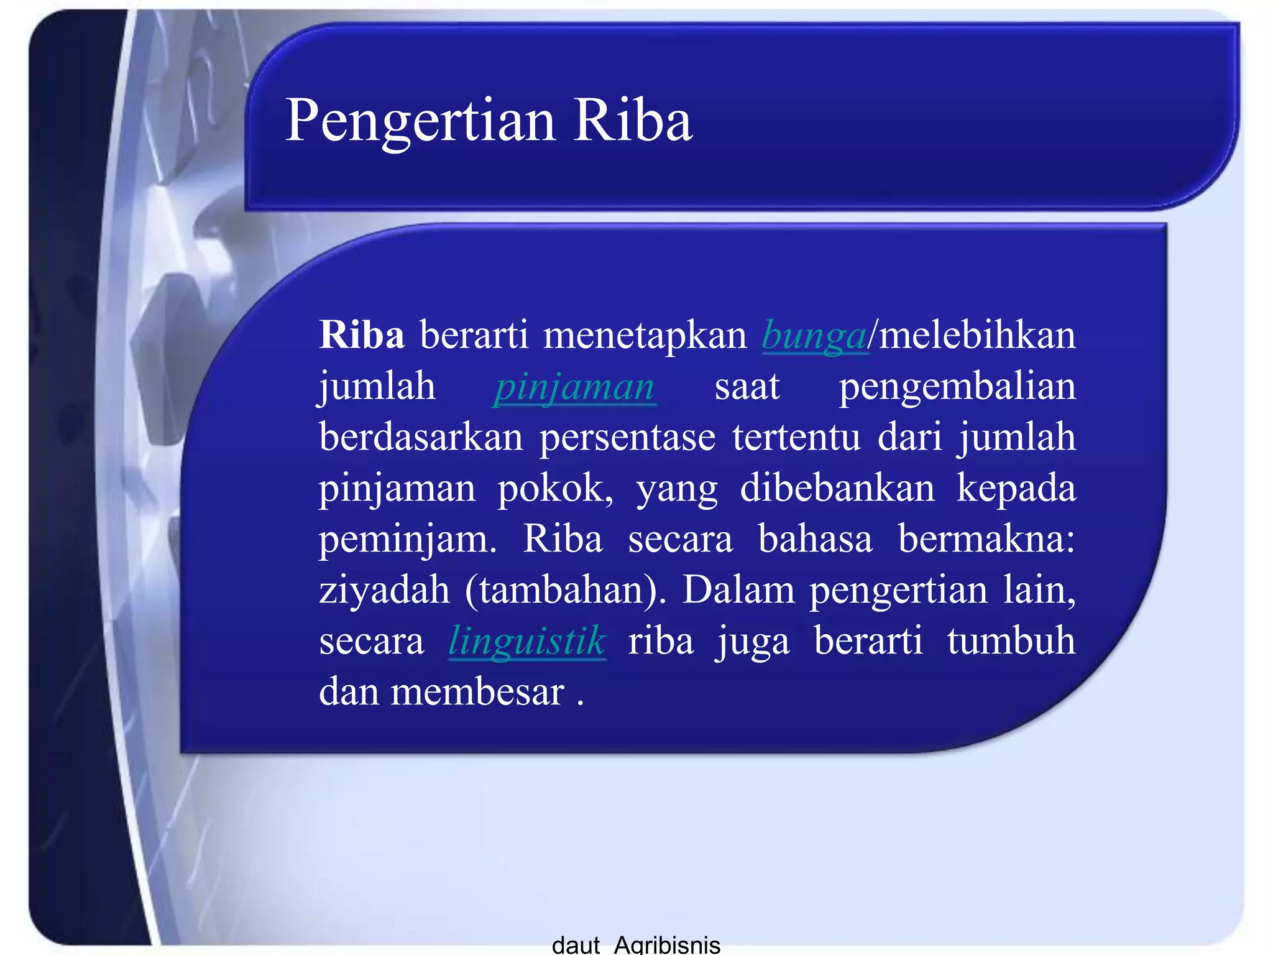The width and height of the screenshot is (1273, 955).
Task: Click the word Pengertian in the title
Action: coord(420,121)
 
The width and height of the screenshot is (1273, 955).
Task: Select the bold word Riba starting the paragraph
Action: coord(362,335)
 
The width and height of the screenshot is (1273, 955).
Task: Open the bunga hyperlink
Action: coord(814,336)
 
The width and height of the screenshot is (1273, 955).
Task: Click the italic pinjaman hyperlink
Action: coord(574,387)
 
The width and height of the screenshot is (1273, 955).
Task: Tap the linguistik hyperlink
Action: coord(526,641)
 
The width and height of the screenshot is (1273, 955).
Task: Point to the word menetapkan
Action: coord(645,335)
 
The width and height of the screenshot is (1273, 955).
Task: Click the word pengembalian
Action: coord(957,387)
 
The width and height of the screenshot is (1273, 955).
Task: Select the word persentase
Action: coord(627,437)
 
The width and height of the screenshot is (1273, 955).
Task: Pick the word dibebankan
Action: coord(837,488)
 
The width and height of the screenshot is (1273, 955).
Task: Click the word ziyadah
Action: coord(384,590)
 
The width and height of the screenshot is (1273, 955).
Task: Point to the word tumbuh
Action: coord(1011,641)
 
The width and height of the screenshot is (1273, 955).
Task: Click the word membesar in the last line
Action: coord(477,692)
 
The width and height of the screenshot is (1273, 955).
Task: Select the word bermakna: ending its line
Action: coord(986,539)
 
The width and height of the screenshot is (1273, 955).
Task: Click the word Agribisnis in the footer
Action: coord(667,944)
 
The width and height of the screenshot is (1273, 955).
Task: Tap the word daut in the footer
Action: coord(575,944)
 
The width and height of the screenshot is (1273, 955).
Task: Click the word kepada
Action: coord(1016,488)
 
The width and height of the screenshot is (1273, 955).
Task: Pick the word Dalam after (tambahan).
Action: coord(738,590)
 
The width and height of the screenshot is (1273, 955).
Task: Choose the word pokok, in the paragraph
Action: coord(555,488)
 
